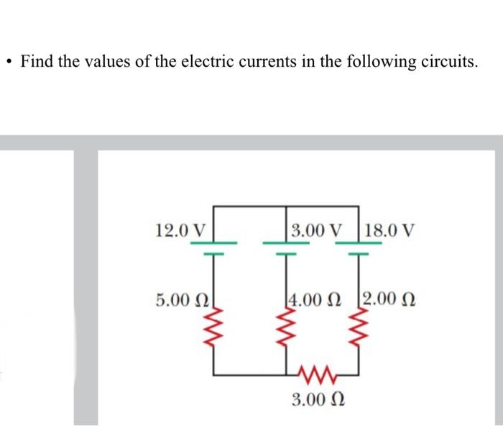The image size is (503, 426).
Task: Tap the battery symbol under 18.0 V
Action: (x=357, y=248)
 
